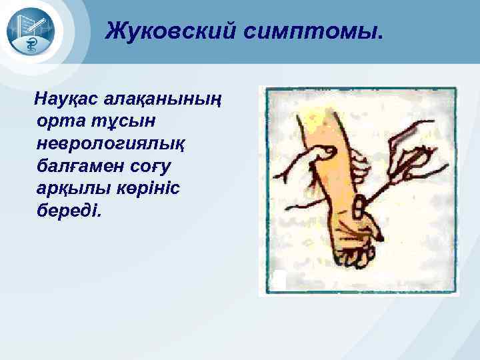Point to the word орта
pyautogui.click(x=62, y=121)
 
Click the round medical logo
pyautogui.click(x=33, y=33)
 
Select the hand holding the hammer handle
pyautogui.click(x=413, y=153)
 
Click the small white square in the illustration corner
pyautogui.click(x=276, y=281)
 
